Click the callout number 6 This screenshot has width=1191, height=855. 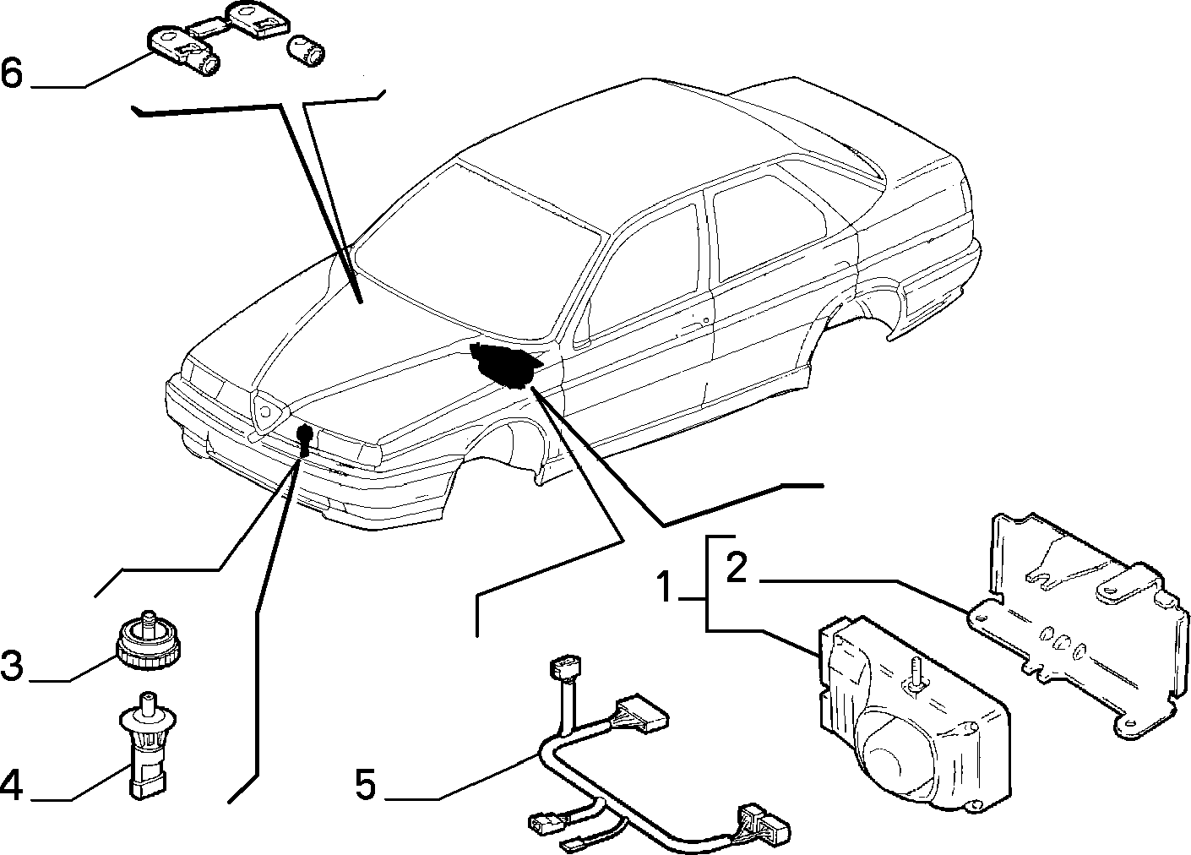tap(12, 73)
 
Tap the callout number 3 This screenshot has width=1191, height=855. tap(12, 665)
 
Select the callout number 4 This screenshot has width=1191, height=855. tap(11, 786)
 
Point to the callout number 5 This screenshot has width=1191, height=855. tap(366, 784)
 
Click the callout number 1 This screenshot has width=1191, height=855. tap(664, 586)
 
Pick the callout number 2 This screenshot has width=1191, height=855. tap(737, 568)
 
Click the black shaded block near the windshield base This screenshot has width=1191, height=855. tap(504, 364)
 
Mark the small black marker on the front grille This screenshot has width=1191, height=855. tap(305, 439)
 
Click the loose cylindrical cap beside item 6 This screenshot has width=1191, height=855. tap(306, 52)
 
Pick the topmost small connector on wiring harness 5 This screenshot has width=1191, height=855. tap(564, 667)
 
